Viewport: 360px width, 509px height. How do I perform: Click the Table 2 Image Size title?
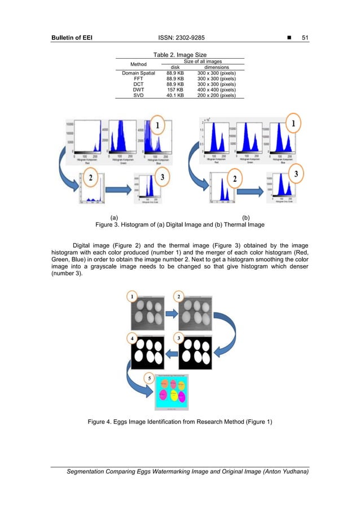tap(179, 54)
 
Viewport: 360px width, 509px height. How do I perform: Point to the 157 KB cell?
tap(175, 90)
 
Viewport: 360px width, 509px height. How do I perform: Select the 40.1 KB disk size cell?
tap(175, 95)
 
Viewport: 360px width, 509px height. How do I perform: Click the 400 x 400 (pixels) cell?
tap(216, 90)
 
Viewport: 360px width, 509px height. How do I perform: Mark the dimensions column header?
tap(216, 67)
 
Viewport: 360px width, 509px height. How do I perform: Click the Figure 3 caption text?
tap(181, 225)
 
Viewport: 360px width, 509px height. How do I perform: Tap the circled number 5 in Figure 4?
tap(149, 379)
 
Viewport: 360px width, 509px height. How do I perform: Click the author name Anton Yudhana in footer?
tap(279, 472)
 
